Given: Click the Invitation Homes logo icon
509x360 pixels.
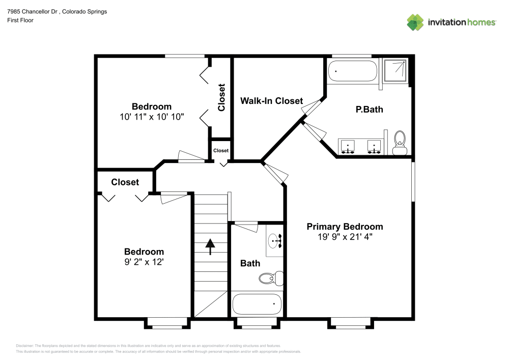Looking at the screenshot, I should pyautogui.click(x=415, y=22).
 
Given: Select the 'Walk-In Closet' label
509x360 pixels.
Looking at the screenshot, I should pyautogui.click(x=271, y=101).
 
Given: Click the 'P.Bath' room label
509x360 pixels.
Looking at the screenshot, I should pyautogui.click(x=369, y=109).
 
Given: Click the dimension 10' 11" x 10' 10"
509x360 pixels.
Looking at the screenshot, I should pyautogui.click(x=151, y=116).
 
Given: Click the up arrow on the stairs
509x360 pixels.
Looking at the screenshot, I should pyautogui.click(x=210, y=246).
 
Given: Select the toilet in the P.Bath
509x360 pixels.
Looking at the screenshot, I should pyautogui.click(x=400, y=142).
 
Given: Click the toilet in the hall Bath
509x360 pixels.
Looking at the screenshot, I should pyautogui.click(x=269, y=278).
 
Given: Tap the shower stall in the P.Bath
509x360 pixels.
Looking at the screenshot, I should pyautogui.click(x=395, y=71).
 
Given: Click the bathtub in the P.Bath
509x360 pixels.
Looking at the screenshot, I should pyautogui.click(x=353, y=71).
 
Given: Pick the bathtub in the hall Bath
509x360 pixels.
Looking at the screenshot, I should pyautogui.click(x=257, y=304).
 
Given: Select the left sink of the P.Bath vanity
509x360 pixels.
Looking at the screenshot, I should pyautogui.click(x=348, y=146).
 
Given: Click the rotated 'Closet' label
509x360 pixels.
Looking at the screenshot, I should pyautogui.click(x=221, y=97).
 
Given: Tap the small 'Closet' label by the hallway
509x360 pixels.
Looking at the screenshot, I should pyautogui.click(x=220, y=150).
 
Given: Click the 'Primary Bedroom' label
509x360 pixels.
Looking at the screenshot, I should pyautogui.click(x=344, y=227).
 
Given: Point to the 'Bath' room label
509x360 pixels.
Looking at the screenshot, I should pyautogui.click(x=250, y=263).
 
